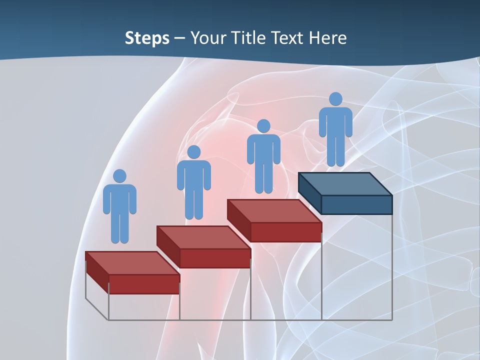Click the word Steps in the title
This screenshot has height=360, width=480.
click(x=147, y=38)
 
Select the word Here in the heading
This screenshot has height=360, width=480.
click(x=327, y=38)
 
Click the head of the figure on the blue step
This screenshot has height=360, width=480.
click(x=335, y=99)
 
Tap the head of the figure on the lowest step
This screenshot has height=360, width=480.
click(x=119, y=176)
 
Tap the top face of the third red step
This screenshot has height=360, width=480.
click(x=274, y=211)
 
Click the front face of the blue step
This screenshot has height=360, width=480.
click(x=356, y=204)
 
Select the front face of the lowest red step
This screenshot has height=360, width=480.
click(x=144, y=284)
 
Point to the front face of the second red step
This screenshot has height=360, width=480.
click(x=215, y=258)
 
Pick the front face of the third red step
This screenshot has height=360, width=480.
click(x=286, y=232)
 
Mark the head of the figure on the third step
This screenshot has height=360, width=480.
click(x=263, y=126)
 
